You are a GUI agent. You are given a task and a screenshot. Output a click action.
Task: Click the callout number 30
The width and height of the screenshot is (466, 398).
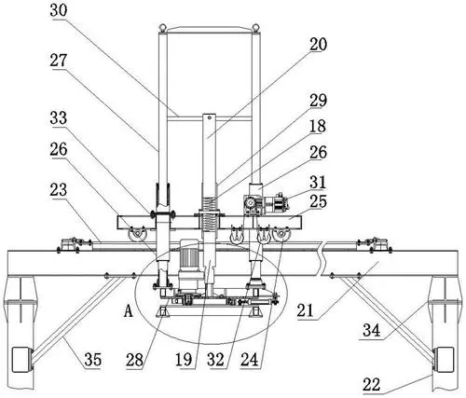59,10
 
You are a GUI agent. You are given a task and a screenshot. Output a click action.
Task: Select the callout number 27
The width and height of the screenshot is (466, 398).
59,60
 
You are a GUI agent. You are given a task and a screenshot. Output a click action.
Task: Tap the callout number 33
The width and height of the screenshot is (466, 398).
59,118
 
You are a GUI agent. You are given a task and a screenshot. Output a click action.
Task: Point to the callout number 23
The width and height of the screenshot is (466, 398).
59,189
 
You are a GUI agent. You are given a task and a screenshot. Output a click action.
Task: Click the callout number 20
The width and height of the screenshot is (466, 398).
318,44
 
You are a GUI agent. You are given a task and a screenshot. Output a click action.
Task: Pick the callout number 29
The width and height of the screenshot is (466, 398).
318,101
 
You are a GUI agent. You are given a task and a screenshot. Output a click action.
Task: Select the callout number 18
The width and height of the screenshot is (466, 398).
318,126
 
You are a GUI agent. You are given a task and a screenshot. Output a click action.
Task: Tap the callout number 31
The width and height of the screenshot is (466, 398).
318,183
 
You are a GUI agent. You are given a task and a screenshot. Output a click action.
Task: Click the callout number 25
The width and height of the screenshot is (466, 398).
318,201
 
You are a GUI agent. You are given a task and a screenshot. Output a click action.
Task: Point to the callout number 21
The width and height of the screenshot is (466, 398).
306,310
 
